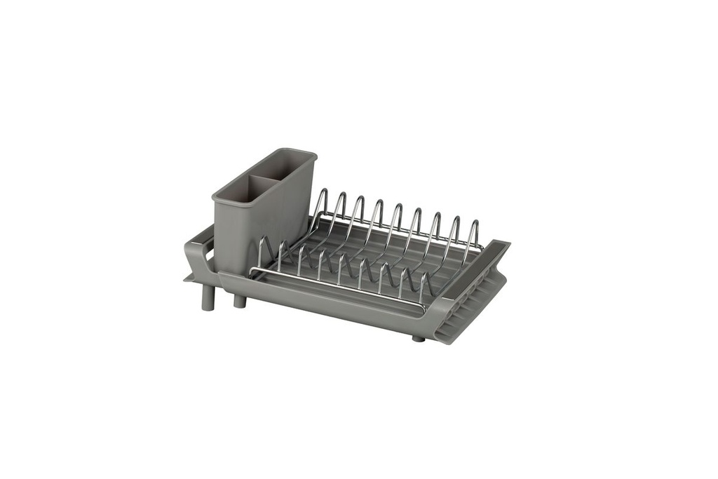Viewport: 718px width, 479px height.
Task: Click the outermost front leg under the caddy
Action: click(x=207, y=297)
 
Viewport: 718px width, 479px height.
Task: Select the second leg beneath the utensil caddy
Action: click(x=240, y=300)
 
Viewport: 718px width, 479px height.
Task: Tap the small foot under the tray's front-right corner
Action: click(x=419, y=338)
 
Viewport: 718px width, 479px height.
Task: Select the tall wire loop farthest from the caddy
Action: click(x=475, y=231)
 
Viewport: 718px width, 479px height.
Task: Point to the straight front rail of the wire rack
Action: click(x=337, y=288)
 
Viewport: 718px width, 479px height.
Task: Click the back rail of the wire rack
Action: click(x=400, y=229)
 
